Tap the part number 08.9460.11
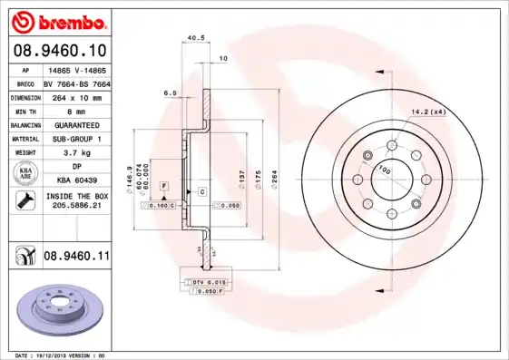click(x=77, y=257)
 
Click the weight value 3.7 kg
click(x=76, y=153)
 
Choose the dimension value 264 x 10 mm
click(x=76, y=95)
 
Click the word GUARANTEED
click(x=76, y=124)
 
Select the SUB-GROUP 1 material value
click(x=76, y=139)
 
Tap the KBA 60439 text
click(x=76, y=181)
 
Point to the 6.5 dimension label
click(x=169, y=92)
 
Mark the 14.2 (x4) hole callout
click(x=426, y=112)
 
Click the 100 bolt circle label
click(x=384, y=169)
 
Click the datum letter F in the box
click(x=164, y=185)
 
